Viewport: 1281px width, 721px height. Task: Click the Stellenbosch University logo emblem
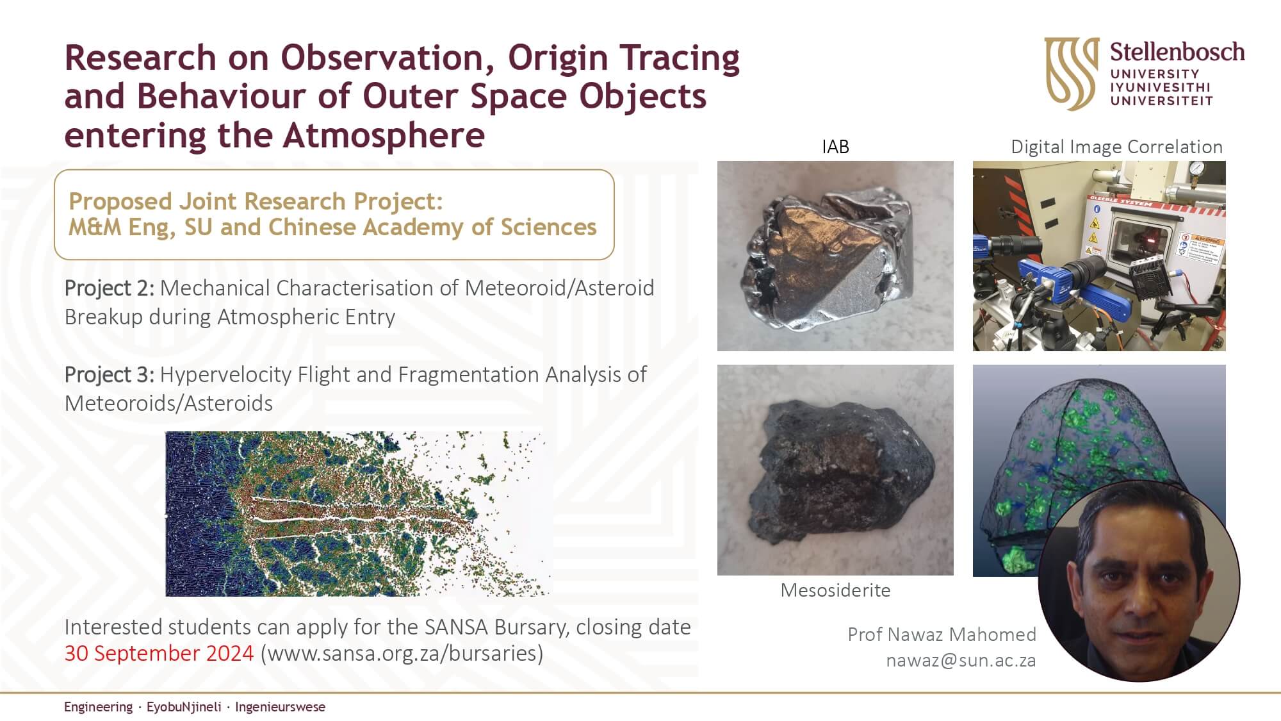pyautogui.click(x=1072, y=73)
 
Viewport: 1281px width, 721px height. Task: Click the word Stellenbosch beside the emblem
pyautogui.click(x=1177, y=52)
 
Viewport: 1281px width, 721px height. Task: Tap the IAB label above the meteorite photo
pyautogui.click(x=835, y=147)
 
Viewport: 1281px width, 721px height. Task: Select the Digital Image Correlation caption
pyautogui.click(x=1116, y=147)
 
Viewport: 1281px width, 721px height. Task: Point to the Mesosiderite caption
pyautogui.click(x=835, y=590)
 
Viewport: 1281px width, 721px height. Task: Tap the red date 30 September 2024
pyautogui.click(x=159, y=653)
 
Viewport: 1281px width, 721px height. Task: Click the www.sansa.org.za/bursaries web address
pyautogui.click(x=402, y=653)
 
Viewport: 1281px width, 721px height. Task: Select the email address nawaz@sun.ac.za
pyautogui.click(x=961, y=660)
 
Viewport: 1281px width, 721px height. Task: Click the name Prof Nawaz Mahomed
pyautogui.click(x=942, y=634)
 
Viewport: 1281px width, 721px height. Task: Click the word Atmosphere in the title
pyautogui.click(x=384, y=135)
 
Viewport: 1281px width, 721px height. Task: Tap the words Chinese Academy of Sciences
pyautogui.click(x=432, y=228)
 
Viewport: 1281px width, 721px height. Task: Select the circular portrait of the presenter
pyautogui.click(x=1139, y=581)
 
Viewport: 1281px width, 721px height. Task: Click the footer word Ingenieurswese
pyautogui.click(x=280, y=707)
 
